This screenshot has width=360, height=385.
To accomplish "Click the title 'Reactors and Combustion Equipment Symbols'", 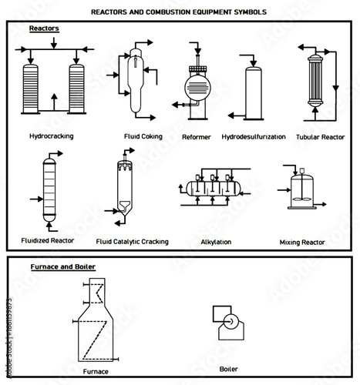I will [x=179, y=12].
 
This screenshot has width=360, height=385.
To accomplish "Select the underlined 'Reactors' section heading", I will [x=44, y=28].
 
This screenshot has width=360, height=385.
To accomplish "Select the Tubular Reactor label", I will [x=319, y=138].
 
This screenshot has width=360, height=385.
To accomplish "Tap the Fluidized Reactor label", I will [x=47, y=240].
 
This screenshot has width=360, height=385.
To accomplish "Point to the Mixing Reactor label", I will [x=301, y=242].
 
